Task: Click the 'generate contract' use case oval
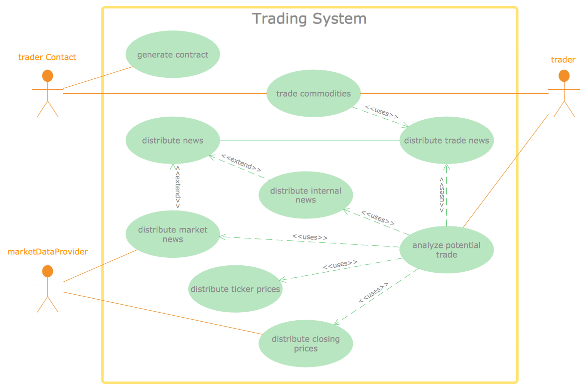pos(173,54)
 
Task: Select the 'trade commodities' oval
pos(313,93)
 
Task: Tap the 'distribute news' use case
pos(173,140)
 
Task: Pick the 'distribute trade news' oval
pos(447,140)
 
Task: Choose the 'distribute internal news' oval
pos(305,195)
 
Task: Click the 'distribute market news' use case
pos(173,234)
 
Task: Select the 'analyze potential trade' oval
pos(447,249)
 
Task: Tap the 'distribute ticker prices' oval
pos(235,289)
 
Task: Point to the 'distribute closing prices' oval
pos(305,344)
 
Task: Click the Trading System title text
pos(309,18)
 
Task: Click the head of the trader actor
pos(564,76)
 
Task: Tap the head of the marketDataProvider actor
pos(47,271)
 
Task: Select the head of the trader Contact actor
pos(47,76)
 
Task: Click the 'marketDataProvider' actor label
pos(47,251)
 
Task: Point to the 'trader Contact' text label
pos(47,57)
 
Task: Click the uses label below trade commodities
pos(382,112)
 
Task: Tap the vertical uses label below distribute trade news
pos(442,195)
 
